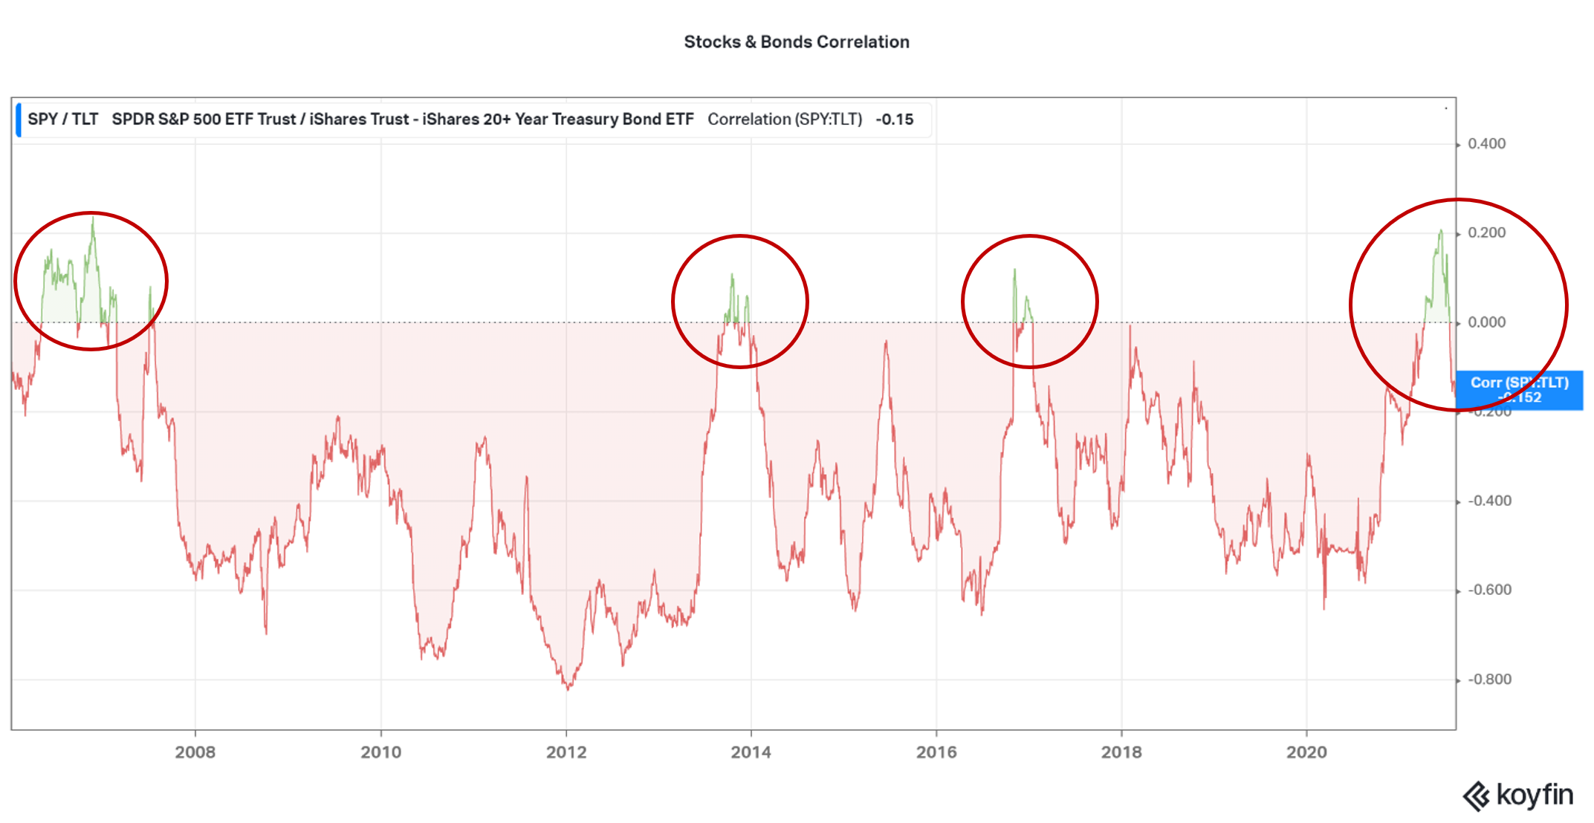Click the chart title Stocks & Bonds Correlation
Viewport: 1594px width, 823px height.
pyautogui.click(x=796, y=42)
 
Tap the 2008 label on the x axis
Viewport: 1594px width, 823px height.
pyautogui.click(x=195, y=752)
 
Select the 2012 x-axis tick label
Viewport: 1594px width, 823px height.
pyautogui.click(x=566, y=752)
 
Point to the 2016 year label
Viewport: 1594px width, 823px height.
pyautogui.click(x=936, y=752)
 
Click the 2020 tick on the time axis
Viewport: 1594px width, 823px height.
pyautogui.click(x=1306, y=752)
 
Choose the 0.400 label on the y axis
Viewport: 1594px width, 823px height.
pyautogui.click(x=1486, y=144)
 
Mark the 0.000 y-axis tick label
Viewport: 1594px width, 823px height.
pyautogui.click(x=1486, y=322)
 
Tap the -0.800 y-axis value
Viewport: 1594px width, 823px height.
pyautogui.click(x=1489, y=680)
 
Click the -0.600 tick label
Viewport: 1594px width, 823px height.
pyautogui.click(x=1489, y=591)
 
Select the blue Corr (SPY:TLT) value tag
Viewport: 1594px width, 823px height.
pyautogui.click(x=1519, y=390)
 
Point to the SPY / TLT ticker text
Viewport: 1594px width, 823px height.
pyautogui.click(x=63, y=120)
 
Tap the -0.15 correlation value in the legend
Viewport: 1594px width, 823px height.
pyautogui.click(x=895, y=120)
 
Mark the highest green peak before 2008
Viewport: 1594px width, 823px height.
pyautogui.click(x=93, y=218)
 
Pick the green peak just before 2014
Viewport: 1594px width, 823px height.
pyautogui.click(x=732, y=275)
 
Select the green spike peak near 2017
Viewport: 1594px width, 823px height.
pyautogui.click(x=1014, y=270)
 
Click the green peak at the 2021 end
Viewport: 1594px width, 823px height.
pyautogui.click(x=1440, y=231)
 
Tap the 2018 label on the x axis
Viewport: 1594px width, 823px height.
pyautogui.click(x=1121, y=752)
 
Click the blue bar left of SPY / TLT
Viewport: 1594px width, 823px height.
pyautogui.click(x=19, y=120)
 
